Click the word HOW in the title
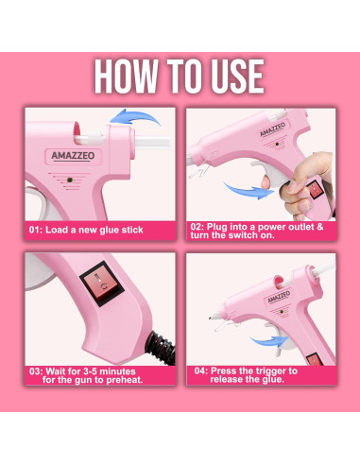click(126, 76)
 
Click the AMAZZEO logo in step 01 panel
click(73, 155)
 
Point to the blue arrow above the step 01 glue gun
click(135, 117)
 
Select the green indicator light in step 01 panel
click(70, 181)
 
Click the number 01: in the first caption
click(36, 230)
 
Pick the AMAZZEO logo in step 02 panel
click(273, 129)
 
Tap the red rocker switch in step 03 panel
click(102, 284)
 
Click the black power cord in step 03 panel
click(162, 346)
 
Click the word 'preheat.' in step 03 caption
click(125, 380)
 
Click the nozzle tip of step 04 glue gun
click(210, 318)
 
